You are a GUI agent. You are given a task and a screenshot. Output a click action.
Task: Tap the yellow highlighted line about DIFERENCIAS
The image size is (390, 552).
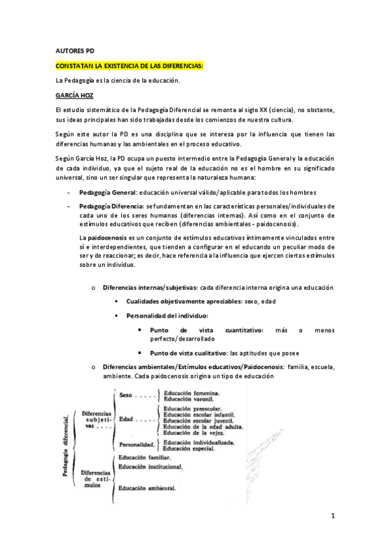(x=130, y=66)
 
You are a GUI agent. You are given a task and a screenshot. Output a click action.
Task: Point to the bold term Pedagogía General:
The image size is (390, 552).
(x=107, y=193)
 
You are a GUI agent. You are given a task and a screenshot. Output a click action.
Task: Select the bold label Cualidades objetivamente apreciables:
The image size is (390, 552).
(x=183, y=301)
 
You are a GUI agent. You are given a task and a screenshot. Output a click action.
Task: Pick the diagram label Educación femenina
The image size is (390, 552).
(x=191, y=393)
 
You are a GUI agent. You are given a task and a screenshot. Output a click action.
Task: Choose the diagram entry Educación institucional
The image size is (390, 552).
(x=150, y=467)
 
